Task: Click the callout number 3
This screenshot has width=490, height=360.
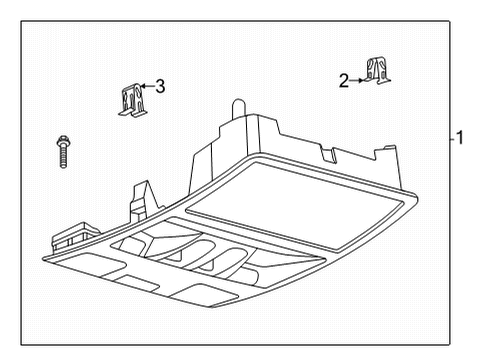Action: click(160, 87)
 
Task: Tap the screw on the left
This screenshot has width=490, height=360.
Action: click(62, 151)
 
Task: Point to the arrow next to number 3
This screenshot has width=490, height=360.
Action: click(146, 88)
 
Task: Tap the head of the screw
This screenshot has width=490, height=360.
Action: click(61, 139)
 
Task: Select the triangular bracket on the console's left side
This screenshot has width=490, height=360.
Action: click(140, 198)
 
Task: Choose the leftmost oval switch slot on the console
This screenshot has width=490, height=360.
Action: click(161, 246)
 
